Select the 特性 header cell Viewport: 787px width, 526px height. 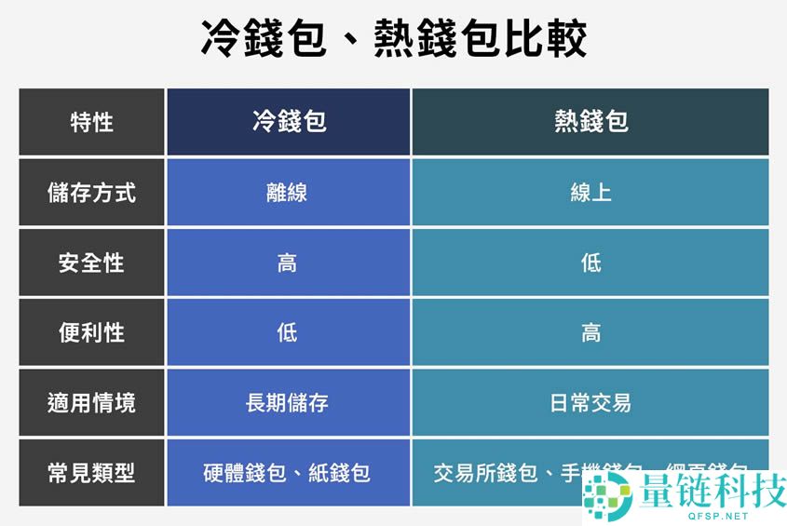(x=91, y=122)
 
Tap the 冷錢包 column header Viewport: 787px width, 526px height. (x=289, y=122)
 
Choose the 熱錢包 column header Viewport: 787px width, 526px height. (x=590, y=122)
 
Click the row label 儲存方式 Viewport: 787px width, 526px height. (x=91, y=193)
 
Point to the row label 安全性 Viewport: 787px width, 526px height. (x=91, y=263)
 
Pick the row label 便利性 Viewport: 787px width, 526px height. (x=91, y=332)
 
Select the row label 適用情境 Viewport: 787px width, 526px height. (x=91, y=403)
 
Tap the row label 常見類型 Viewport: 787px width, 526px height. (x=91, y=473)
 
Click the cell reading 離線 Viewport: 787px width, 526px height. (x=287, y=193)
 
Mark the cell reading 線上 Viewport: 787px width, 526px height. (x=590, y=193)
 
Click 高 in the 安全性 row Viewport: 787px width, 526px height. (x=287, y=263)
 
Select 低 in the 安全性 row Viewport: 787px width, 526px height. (x=590, y=263)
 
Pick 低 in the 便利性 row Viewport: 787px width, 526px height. (x=287, y=332)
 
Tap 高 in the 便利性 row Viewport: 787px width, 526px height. (x=590, y=332)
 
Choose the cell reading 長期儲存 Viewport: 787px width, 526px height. (x=287, y=403)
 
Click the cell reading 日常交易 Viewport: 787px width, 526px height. (x=590, y=403)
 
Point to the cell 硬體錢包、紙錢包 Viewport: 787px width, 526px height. (x=287, y=473)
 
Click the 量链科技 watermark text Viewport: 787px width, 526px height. (x=708, y=490)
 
